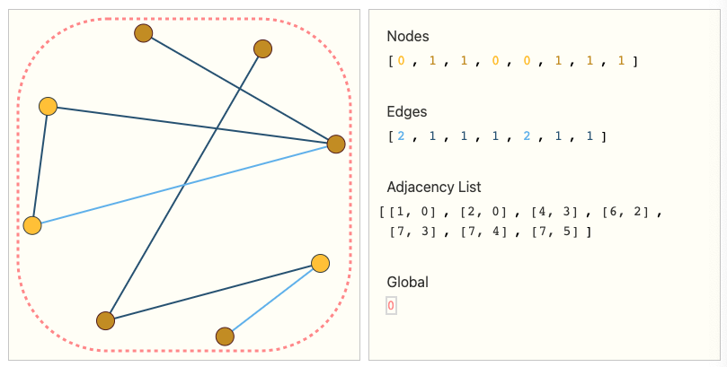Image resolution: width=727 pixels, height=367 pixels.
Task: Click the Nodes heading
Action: click(408, 36)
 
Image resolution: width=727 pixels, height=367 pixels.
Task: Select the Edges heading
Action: click(406, 111)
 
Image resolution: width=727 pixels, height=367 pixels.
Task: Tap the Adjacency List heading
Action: click(434, 187)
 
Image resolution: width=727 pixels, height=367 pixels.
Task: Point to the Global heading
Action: click(408, 282)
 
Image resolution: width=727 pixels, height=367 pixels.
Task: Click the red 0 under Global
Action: click(391, 305)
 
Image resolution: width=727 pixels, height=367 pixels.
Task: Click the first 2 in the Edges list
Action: click(401, 136)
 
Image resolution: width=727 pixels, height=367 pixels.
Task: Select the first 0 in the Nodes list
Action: click(401, 61)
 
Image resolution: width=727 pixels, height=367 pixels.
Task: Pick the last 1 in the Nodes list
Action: click(621, 61)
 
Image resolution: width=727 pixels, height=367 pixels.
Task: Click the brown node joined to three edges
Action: click(336, 144)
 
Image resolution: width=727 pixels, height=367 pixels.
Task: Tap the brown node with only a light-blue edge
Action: click(225, 336)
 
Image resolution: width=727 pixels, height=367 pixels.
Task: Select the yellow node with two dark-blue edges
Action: click(49, 107)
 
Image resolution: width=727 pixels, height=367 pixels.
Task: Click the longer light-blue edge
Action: click(184, 185)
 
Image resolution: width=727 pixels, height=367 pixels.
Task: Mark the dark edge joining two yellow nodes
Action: click(40, 166)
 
